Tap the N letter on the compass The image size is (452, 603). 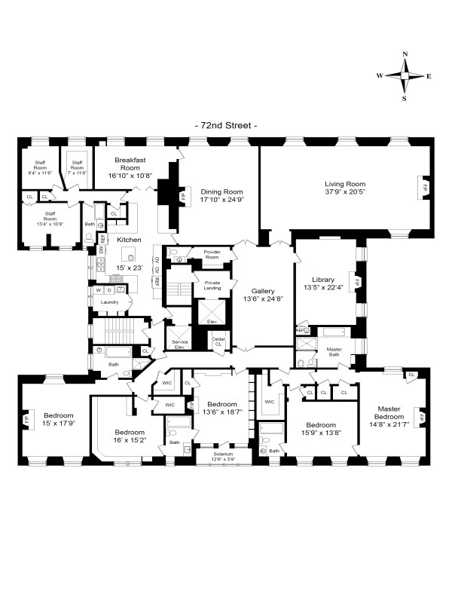click(405, 55)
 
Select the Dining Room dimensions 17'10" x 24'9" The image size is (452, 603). click(221, 200)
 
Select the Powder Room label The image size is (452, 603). click(212, 255)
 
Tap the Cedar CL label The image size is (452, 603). click(218, 340)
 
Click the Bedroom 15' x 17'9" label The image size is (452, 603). click(58, 420)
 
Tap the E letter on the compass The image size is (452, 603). click(429, 77)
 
